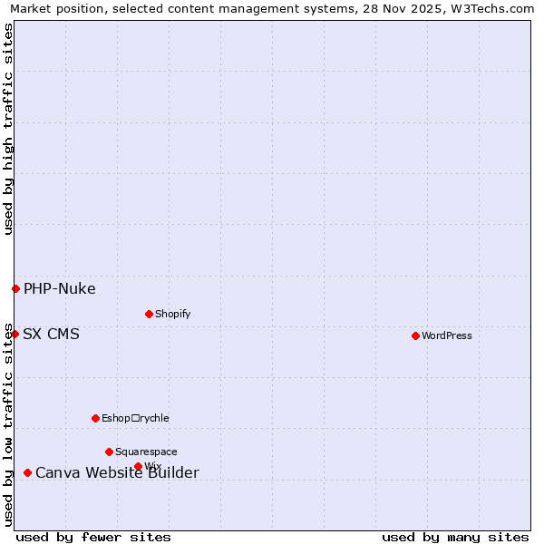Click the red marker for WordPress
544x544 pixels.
(415, 335)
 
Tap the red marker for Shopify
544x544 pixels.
(149, 314)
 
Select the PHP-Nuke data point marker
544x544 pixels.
(15, 288)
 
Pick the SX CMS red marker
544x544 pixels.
(15, 334)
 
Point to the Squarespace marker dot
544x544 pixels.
(109, 452)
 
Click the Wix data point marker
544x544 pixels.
(138, 466)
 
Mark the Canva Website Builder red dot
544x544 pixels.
(27, 472)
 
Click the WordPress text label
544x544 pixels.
(447, 335)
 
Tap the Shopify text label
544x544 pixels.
(172, 314)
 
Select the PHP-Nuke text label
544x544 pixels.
(59, 289)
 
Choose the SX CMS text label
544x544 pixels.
(51, 335)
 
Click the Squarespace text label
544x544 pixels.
(146, 452)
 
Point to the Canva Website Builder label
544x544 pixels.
(117, 473)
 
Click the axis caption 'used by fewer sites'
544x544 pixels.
(93, 537)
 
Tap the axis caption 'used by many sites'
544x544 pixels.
(455, 537)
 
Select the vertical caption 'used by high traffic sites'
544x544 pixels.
(8, 129)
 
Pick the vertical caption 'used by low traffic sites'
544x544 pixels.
(8, 423)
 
